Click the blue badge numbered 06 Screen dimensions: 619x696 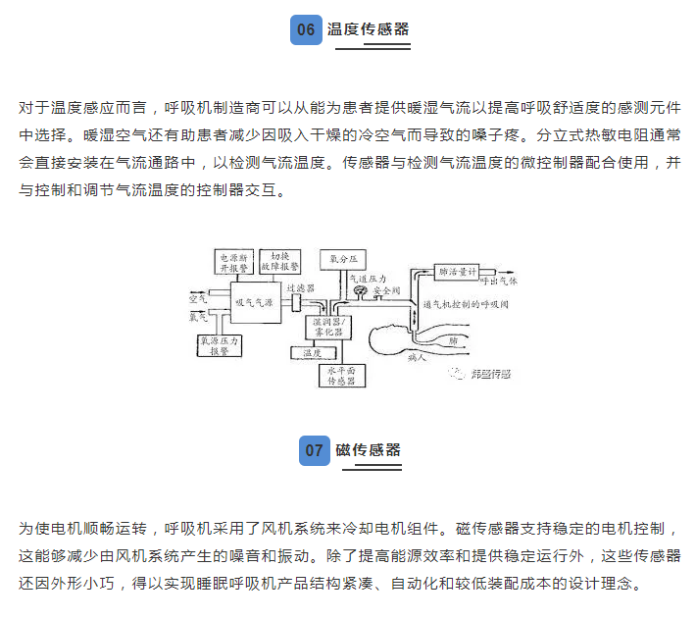pos(306,29)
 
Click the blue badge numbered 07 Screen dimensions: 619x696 pos(314,450)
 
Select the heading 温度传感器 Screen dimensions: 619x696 pos(372,29)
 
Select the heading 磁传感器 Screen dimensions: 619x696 pos(368,450)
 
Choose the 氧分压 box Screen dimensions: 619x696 pos(342,259)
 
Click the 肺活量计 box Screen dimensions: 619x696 pos(458,271)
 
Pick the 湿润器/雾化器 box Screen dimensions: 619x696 pos(325,325)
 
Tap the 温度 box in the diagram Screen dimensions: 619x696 pos(313,351)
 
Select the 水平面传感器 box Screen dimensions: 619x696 pos(343,375)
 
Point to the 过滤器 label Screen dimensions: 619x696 pos(299,289)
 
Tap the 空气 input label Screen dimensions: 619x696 pos(196,294)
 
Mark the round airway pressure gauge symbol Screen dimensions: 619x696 pos(360,291)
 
